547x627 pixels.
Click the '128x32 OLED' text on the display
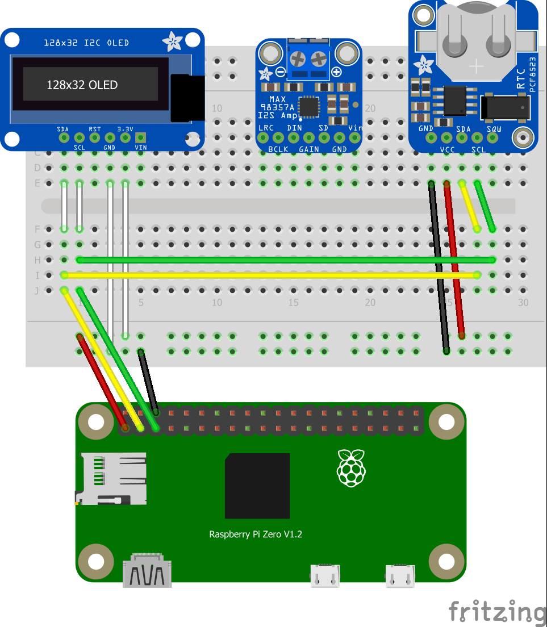(x=82, y=85)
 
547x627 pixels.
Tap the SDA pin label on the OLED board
(x=62, y=129)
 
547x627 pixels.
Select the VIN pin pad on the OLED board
(x=140, y=137)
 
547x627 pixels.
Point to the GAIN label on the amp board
(x=308, y=149)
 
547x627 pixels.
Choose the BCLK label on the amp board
(x=278, y=149)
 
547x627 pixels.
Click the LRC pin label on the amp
(x=266, y=128)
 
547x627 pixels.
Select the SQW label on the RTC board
(x=494, y=129)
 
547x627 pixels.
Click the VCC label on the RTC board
(x=447, y=151)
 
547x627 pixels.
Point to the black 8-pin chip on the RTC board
(x=455, y=101)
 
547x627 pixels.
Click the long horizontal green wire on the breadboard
(x=284, y=260)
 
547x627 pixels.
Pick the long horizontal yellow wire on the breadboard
(x=270, y=275)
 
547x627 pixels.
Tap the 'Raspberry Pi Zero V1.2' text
(x=256, y=534)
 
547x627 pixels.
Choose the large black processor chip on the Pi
(x=257, y=486)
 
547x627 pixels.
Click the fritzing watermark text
(x=496, y=612)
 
